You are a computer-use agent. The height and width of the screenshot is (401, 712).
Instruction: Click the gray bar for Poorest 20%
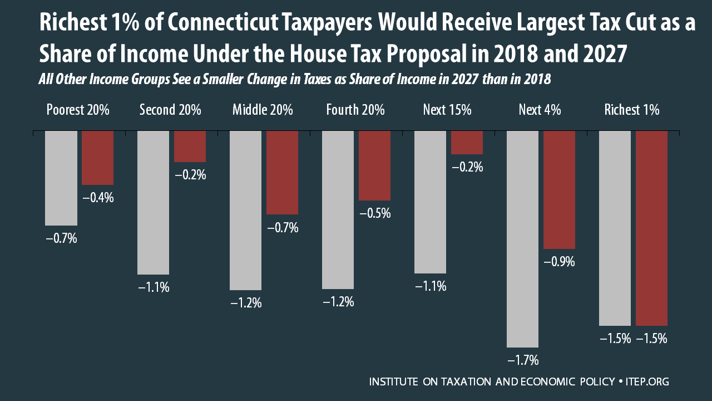click(x=61, y=178)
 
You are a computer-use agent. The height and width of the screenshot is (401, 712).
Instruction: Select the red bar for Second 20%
click(x=190, y=146)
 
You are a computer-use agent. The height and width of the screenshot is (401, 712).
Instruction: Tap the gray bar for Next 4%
click(x=522, y=239)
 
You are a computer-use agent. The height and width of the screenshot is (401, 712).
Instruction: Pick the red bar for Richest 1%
click(x=651, y=228)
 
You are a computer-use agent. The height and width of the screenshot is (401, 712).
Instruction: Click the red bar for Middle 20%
click(x=282, y=173)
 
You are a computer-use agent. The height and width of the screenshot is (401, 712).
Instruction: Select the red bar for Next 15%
click(x=467, y=143)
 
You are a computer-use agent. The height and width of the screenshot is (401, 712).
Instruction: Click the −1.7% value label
click(x=523, y=360)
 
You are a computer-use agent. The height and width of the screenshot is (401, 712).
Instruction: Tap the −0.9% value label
click(x=559, y=262)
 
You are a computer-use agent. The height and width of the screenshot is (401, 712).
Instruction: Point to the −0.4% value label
click(x=98, y=197)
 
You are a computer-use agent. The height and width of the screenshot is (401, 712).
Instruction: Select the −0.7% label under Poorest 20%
click(x=61, y=238)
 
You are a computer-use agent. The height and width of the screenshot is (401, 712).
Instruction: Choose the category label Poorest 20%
click(x=77, y=110)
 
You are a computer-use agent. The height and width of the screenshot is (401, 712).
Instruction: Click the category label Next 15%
click(x=447, y=110)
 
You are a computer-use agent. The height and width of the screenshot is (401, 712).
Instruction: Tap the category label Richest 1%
click(x=632, y=110)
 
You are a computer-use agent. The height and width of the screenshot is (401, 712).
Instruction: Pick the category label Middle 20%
click(x=263, y=110)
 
